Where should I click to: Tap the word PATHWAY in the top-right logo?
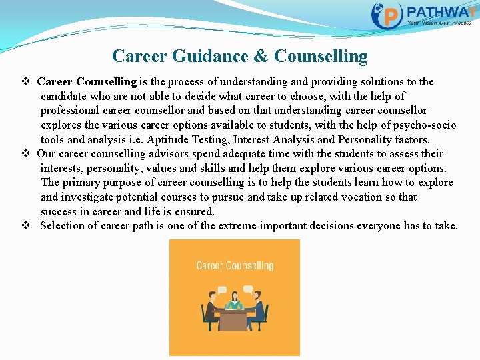point(440,12)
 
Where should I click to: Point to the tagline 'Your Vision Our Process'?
point(439,23)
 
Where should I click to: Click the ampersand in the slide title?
point(263,56)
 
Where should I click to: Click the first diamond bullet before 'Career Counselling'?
point(27,82)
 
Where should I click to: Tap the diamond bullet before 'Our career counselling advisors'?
point(27,153)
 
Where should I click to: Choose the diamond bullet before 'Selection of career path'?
point(27,226)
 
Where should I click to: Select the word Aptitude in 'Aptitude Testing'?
point(167,139)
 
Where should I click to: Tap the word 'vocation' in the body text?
point(373,197)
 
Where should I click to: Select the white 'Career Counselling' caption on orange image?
point(235,265)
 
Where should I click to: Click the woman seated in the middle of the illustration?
point(234,303)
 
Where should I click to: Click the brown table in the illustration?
point(234,320)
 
